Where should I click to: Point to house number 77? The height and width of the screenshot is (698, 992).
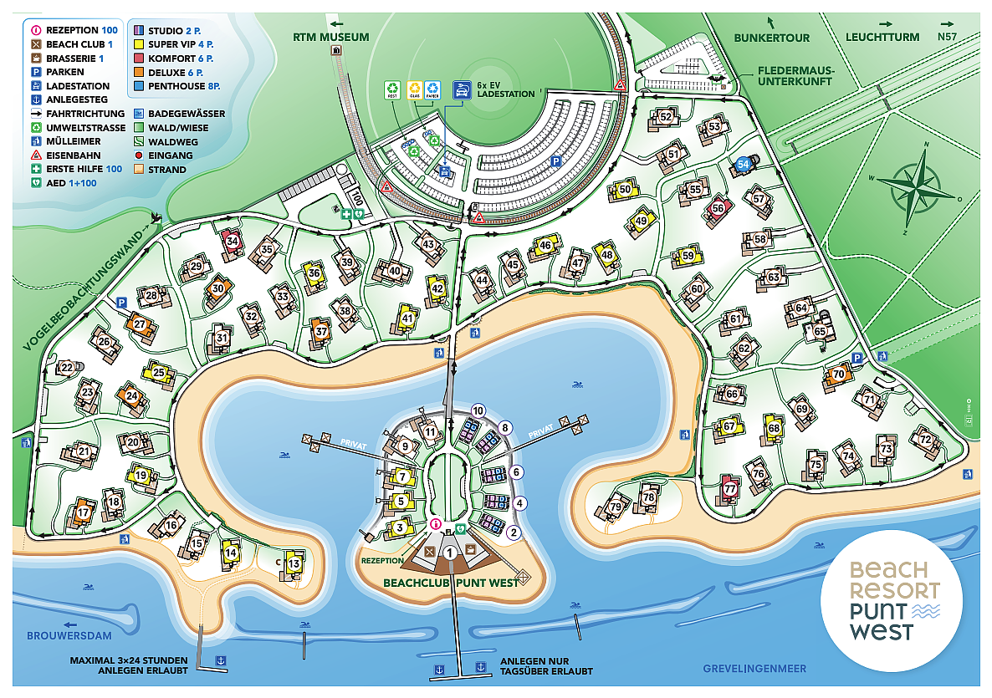pyautogui.click(x=730, y=489)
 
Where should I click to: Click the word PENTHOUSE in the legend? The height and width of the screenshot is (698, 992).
pyautogui.click(x=176, y=86)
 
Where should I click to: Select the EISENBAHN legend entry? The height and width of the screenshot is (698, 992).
pyautogui.click(x=78, y=155)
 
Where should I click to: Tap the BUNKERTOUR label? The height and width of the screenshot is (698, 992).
pyautogui.click(x=771, y=37)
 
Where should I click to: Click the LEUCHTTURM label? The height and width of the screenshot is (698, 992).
pyautogui.click(x=882, y=37)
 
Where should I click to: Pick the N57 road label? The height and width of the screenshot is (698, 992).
pyautogui.click(x=946, y=37)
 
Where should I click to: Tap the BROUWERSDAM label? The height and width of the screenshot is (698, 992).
pyautogui.click(x=64, y=635)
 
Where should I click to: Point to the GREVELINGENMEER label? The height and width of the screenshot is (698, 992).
pyautogui.click(x=754, y=668)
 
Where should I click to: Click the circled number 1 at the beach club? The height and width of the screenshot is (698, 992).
pyautogui.click(x=450, y=552)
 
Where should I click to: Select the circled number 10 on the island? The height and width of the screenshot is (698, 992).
pyautogui.click(x=478, y=410)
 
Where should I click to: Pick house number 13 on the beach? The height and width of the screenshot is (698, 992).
pyautogui.click(x=294, y=564)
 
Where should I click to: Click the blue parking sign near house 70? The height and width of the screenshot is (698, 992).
pyautogui.click(x=856, y=358)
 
